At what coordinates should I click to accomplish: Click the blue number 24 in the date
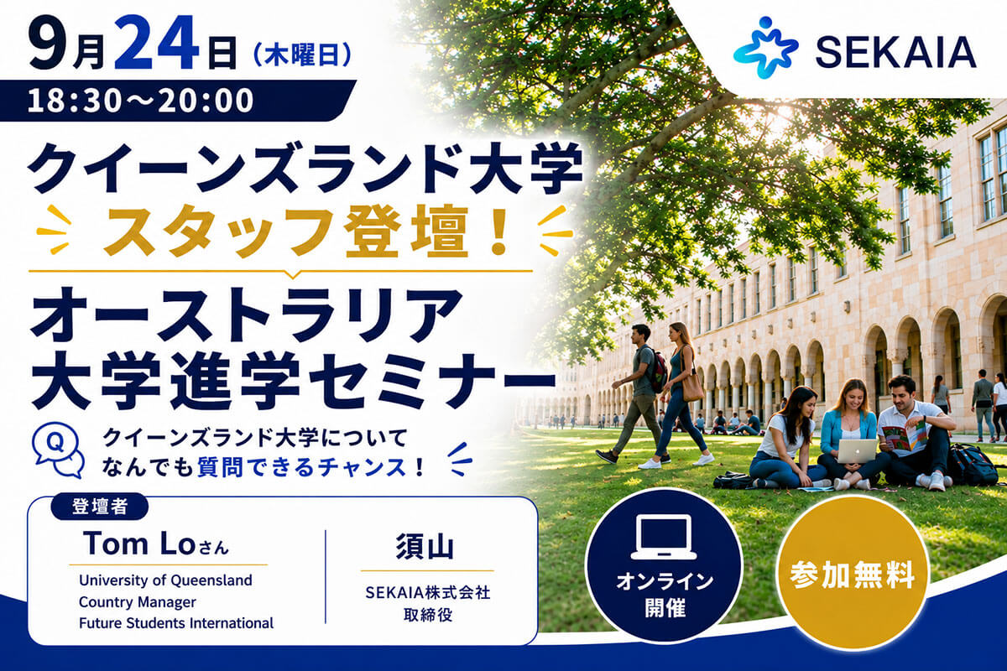pos(156,42)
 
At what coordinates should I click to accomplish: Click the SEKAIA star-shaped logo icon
pos(765,48)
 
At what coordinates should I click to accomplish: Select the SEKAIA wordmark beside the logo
pos(896,52)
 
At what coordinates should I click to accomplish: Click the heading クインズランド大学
pos(305,169)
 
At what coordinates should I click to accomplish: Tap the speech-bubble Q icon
pos(59,450)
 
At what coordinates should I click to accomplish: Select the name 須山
pos(425,546)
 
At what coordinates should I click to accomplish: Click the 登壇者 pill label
pos(100,507)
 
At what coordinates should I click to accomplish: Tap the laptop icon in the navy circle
pos(664,537)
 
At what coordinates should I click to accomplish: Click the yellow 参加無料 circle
pos(853,574)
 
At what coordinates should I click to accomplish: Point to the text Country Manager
pos(138,601)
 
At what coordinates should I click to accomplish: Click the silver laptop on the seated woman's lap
pos(857,450)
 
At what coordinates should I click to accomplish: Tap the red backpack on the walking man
pos(659,371)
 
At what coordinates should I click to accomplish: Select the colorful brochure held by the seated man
pos(905,437)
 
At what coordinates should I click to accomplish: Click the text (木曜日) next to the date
pos(303,57)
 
